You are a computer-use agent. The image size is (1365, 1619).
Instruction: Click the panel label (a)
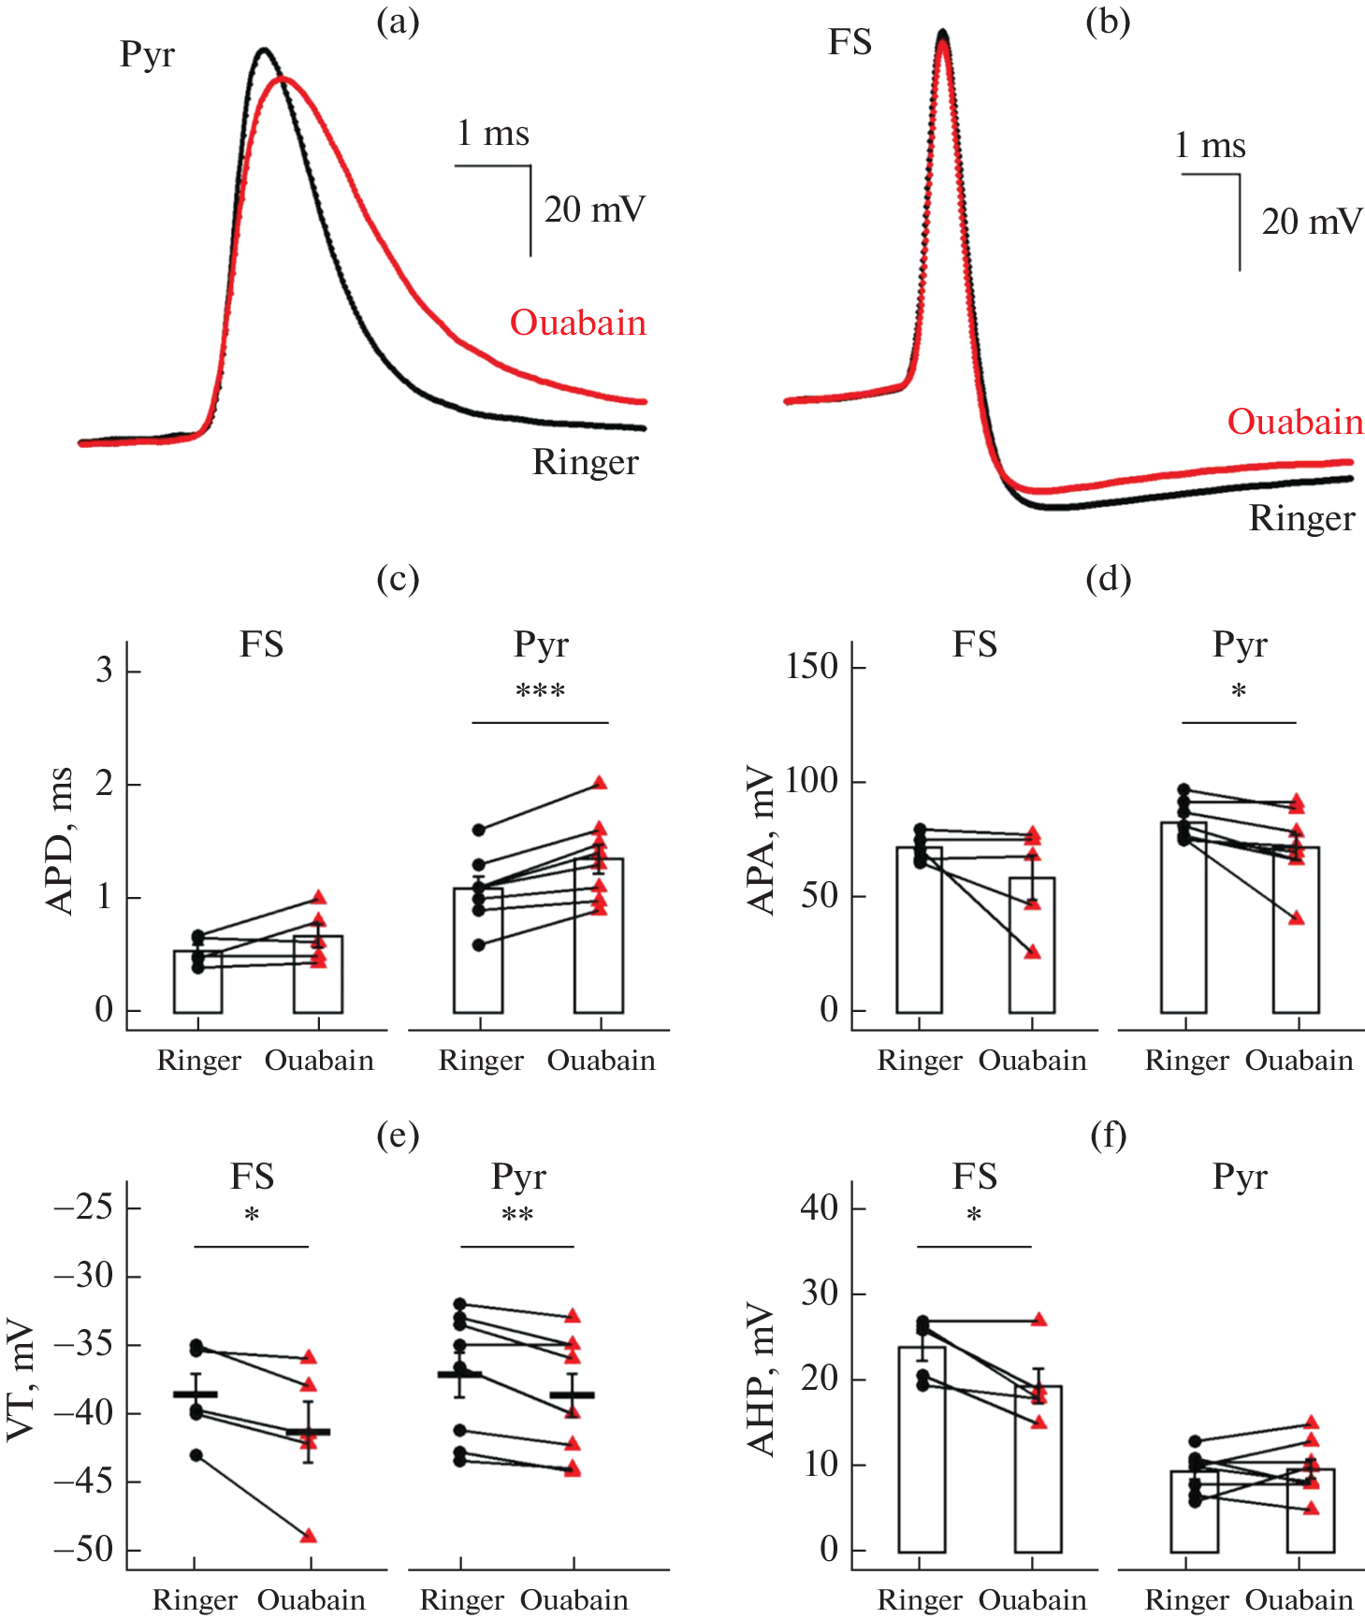[398, 22]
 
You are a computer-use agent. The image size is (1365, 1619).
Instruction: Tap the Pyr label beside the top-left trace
[147, 55]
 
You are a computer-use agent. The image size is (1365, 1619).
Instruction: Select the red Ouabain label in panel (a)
[578, 323]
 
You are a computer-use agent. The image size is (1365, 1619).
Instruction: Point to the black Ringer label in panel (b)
[1301, 518]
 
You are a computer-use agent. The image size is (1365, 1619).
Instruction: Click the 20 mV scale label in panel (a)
[595, 210]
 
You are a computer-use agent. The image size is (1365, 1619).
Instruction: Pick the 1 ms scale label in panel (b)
[1210, 146]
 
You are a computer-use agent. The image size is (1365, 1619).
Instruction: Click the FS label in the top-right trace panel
[849, 43]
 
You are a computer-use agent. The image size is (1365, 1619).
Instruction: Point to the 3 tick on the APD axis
[104, 671]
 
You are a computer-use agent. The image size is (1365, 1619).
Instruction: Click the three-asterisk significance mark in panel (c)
[540, 693]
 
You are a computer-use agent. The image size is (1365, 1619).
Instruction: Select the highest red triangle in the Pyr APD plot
[600, 783]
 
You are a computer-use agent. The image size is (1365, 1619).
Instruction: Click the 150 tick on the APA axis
[811, 667]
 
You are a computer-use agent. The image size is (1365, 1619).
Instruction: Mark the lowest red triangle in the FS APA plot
[1032, 952]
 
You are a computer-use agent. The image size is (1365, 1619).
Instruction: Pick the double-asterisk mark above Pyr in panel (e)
[517, 1217]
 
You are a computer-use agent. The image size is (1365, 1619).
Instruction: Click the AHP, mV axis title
[762, 1380]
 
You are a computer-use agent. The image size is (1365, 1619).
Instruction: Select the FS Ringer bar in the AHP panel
[922, 1449]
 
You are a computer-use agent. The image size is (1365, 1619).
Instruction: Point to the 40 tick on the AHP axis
[820, 1207]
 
